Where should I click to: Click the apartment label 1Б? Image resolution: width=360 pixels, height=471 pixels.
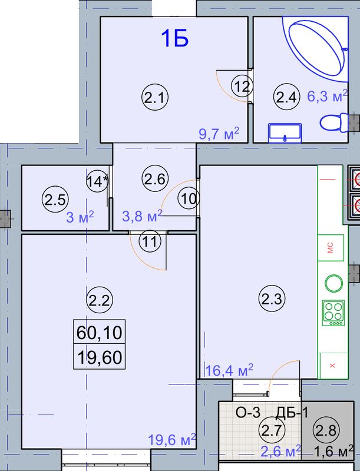click(x=174, y=38)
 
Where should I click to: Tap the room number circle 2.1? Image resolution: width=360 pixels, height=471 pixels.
click(x=155, y=97)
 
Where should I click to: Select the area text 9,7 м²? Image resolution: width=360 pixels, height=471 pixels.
click(x=219, y=134)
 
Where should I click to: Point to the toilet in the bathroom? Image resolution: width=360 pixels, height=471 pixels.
click(x=333, y=122)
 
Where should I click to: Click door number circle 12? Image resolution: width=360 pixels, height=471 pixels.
click(x=242, y=87)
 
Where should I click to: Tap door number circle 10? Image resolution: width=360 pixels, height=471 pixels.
click(x=189, y=198)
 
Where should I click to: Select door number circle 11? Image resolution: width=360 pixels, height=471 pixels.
click(x=150, y=241)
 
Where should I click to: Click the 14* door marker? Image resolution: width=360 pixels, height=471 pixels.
click(x=97, y=181)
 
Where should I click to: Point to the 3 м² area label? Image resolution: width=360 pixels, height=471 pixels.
click(x=80, y=217)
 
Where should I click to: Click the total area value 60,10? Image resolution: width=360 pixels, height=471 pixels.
click(x=99, y=332)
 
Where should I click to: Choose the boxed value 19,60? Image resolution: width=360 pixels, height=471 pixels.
click(x=100, y=357)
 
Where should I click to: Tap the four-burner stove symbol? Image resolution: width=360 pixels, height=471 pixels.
click(x=333, y=313)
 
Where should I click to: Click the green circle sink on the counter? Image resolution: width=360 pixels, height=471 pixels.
click(x=334, y=283)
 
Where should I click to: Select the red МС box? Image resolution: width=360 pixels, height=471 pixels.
click(x=331, y=248)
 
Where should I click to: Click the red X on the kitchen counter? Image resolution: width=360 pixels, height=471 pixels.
click(x=332, y=366)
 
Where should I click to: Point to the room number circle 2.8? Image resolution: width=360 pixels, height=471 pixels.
click(x=326, y=430)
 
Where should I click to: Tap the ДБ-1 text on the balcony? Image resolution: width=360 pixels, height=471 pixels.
click(x=292, y=413)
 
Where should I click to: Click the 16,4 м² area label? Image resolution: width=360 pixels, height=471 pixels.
click(x=229, y=370)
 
